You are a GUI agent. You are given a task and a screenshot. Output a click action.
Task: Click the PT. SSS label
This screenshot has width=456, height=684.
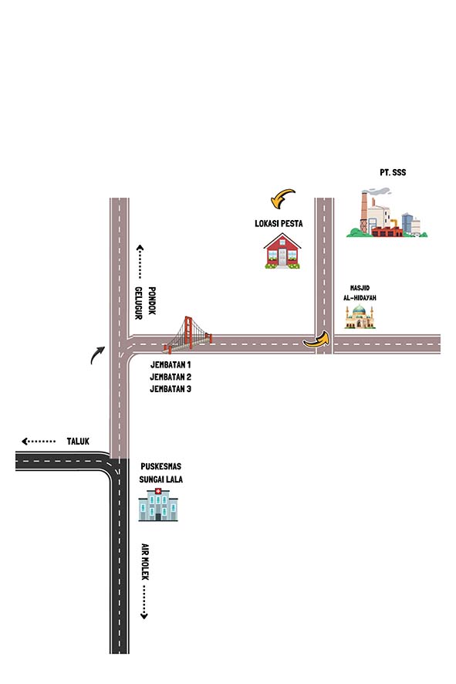pyautogui.click(x=393, y=172)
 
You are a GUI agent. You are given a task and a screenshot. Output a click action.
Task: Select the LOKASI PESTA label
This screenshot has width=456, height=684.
pyautogui.click(x=279, y=223)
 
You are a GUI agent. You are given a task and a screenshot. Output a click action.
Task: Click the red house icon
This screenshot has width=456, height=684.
pyautogui.click(x=282, y=251)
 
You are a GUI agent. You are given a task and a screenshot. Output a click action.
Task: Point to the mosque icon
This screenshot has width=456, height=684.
pyautogui.click(x=360, y=317)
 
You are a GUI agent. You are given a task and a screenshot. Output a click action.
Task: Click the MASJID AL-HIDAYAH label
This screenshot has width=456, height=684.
pyautogui.click(x=360, y=293)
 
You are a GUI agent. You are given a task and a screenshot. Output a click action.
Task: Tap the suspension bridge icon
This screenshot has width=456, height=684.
pyautogui.click(x=188, y=334)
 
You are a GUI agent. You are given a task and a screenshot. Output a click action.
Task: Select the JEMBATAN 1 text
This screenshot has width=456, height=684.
pyautogui.click(x=171, y=364)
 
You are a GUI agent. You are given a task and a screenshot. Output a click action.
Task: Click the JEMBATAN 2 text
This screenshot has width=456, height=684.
pyautogui.click(x=171, y=377)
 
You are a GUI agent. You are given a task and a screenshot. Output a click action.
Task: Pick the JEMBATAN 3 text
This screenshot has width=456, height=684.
pyautogui.click(x=171, y=388)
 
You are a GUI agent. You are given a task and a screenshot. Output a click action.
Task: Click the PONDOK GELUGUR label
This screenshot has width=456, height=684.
pyautogui.click(x=145, y=303)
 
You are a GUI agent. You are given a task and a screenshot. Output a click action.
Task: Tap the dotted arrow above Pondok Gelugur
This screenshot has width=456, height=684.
pyautogui.click(x=140, y=262)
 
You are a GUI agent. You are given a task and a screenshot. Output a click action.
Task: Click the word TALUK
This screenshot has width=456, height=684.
pyautogui.click(x=78, y=441)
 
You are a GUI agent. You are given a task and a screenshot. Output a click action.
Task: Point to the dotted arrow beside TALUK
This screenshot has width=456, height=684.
pyautogui.click(x=39, y=442)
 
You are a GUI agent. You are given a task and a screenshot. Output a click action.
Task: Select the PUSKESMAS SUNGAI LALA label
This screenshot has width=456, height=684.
pyautogui.click(x=160, y=473)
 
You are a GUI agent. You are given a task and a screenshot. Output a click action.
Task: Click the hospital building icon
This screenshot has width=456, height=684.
pyautogui.click(x=158, y=505)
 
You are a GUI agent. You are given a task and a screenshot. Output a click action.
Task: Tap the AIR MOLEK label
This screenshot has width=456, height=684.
pyautogui.click(x=145, y=561)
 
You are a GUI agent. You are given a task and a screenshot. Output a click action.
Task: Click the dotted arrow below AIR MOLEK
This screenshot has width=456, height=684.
pyautogui.click(x=144, y=602)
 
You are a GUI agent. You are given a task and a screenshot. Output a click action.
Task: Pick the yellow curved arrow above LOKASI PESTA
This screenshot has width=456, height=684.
pyautogui.click(x=282, y=197)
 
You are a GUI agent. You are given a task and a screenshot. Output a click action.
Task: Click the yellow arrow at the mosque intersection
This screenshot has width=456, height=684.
pyautogui.click(x=317, y=340)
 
